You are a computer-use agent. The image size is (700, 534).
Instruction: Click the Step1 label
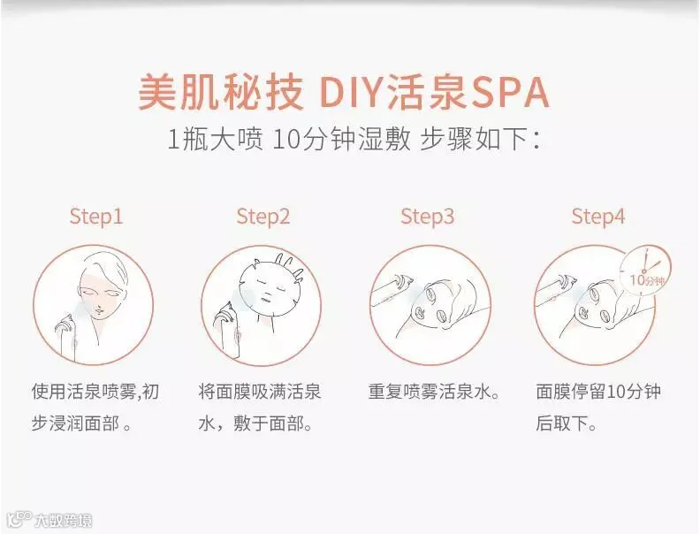[96, 217]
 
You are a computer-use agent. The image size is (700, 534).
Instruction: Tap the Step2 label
[263, 217]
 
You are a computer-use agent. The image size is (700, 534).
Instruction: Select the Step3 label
[427, 217]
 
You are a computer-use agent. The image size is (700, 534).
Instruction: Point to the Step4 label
[598, 217]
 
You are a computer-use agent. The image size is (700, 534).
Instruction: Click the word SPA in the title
[510, 93]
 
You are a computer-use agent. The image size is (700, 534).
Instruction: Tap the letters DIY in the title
[353, 93]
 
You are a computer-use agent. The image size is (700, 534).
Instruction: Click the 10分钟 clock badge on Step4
[645, 271]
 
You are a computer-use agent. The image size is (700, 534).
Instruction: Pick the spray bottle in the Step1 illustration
[67, 337]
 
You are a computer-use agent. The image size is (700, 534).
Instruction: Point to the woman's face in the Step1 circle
[102, 294]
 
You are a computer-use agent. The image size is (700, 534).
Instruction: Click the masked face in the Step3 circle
[437, 303]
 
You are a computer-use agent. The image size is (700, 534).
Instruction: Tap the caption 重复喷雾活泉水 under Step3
[429, 393]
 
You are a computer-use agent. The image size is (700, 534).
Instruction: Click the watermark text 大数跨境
[64, 521]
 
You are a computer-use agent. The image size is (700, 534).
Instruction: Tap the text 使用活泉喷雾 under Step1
[84, 392]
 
